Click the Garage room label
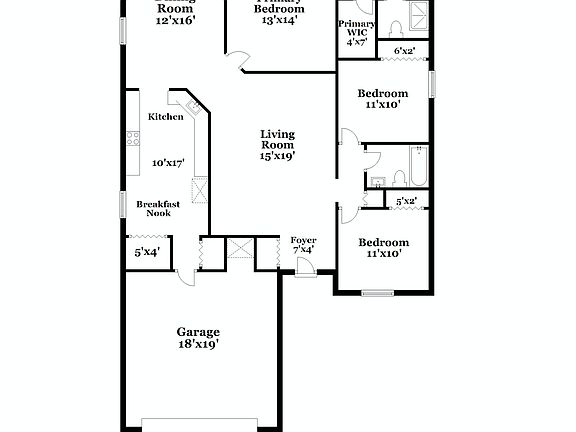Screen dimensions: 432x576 [198, 332]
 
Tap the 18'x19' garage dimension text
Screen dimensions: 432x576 [198, 344]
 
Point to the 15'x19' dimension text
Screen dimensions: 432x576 [277, 155]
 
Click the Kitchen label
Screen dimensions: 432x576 [166, 117]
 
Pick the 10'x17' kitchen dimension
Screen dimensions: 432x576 [168, 162]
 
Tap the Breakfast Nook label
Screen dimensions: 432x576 [158, 208]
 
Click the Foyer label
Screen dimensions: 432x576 [303, 240]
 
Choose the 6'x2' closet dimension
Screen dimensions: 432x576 [405, 50]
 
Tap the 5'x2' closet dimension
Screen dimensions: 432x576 [406, 201]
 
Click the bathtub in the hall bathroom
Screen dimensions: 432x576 [418, 166]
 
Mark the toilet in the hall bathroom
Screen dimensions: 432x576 [396, 177]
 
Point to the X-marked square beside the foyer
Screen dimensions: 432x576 [240, 249]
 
